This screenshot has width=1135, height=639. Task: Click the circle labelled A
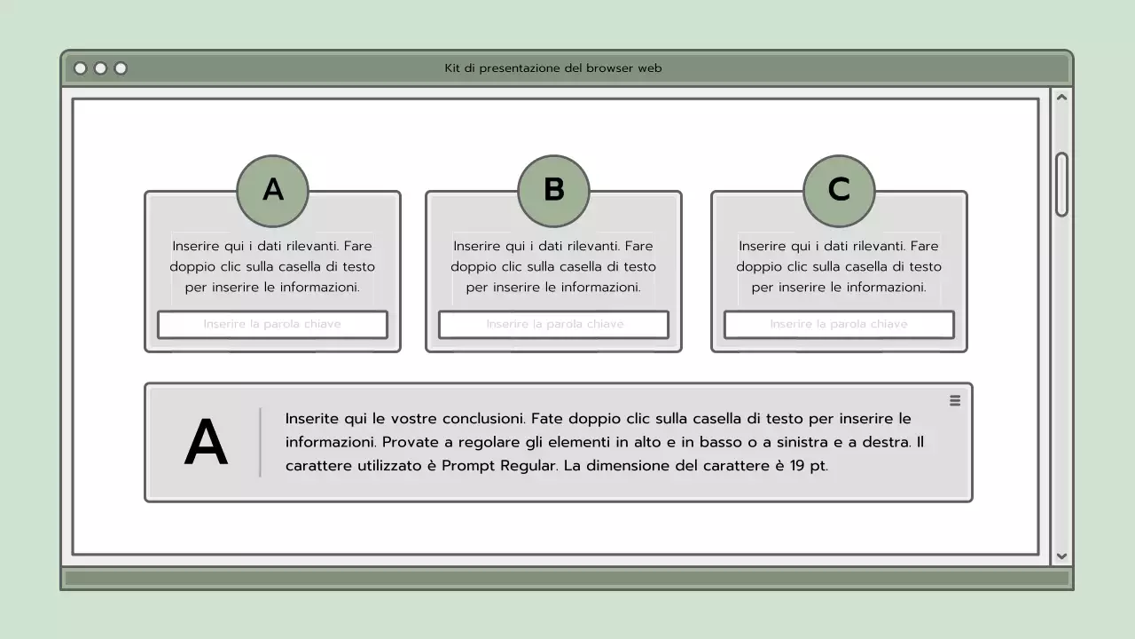pos(272,191)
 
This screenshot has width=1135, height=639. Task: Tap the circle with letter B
pos(553,191)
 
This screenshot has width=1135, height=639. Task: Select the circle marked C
pos(839,191)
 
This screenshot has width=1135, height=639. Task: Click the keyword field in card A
pos(272,325)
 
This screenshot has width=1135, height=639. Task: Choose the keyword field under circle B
pos(553,325)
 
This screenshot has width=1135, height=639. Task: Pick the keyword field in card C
pos(839,325)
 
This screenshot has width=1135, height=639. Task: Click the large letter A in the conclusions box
pos(206,444)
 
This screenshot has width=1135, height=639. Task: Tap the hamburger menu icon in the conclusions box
pos(955,401)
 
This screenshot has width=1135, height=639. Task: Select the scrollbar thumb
pos(1061,185)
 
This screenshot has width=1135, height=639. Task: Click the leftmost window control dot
pos(81,68)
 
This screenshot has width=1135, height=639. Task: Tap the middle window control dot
pos(100,68)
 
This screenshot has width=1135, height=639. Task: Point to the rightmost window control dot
pos(121,68)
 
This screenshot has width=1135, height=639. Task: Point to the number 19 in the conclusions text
pos(797,466)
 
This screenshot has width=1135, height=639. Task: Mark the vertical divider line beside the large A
pos(260,442)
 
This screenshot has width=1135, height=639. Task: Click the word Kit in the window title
pos(452,68)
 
